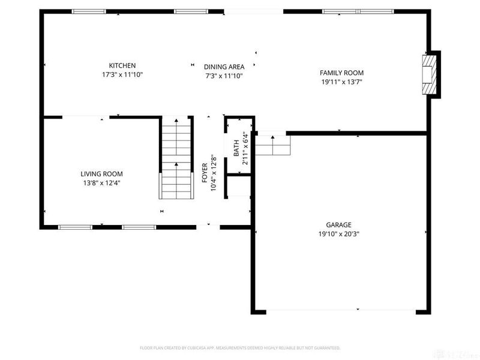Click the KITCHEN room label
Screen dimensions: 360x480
point(122,65)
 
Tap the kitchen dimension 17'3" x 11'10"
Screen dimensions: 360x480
point(122,75)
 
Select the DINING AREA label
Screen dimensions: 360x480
point(224,67)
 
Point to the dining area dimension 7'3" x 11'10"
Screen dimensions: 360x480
point(224,76)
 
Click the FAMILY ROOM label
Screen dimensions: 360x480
point(341,73)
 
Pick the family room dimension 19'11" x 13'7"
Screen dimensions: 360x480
point(341,82)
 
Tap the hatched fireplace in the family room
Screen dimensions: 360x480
point(428,74)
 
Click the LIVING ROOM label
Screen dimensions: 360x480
point(102,174)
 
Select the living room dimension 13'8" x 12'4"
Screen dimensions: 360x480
point(102,183)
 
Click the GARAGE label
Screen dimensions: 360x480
point(339,225)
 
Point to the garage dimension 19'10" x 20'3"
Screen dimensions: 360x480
point(339,235)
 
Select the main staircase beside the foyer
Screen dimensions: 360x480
point(176,158)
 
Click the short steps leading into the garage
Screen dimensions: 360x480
point(273,145)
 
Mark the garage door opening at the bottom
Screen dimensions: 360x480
point(340,311)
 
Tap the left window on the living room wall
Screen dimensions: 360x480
point(75,227)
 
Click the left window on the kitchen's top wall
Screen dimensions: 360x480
point(89,11)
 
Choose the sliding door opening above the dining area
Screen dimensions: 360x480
point(253,11)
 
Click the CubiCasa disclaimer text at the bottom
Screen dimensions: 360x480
point(240,347)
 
